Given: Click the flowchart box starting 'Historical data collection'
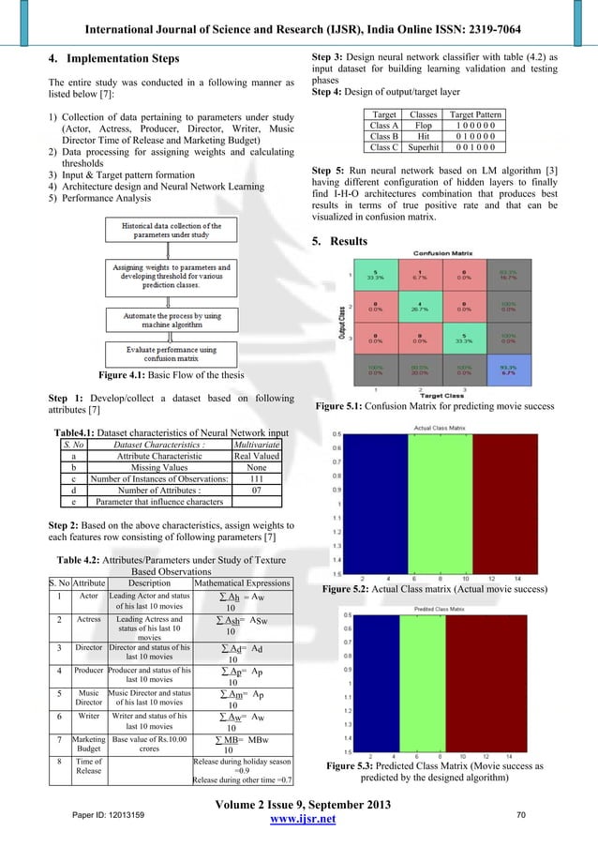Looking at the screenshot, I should click(x=169, y=232).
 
